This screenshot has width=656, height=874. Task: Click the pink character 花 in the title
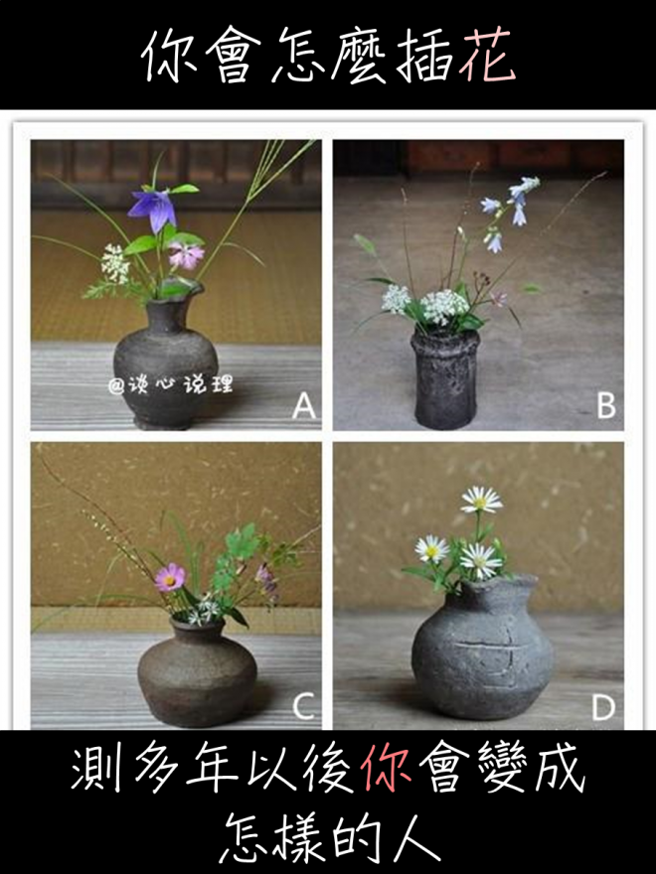coord(486,55)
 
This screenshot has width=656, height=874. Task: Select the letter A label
coord(304,405)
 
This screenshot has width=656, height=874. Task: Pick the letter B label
coord(606,405)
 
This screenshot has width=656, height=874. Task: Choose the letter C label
coord(303,707)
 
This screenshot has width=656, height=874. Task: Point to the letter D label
coord(603,707)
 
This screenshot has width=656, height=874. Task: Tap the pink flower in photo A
coord(186,254)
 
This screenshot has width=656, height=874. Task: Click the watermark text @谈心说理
coord(170,384)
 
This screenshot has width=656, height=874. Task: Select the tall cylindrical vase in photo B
coord(445,379)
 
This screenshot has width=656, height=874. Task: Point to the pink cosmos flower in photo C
coord(170,577)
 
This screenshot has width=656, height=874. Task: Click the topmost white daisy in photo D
coord(481,500)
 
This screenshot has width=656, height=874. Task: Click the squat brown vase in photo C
coord(197,673)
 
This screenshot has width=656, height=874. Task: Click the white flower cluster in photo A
coord(115,262)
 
